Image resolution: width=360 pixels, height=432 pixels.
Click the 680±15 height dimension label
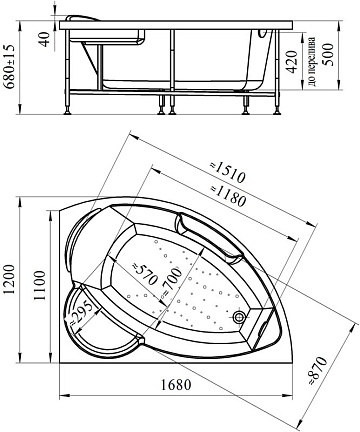click(9, 66)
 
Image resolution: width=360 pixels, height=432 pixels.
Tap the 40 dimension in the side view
click(45, 39)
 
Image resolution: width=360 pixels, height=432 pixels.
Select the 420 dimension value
click(292, 62)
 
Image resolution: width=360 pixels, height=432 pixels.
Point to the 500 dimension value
click(328, 54)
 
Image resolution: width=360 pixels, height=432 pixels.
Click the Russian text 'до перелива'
click(312, 62)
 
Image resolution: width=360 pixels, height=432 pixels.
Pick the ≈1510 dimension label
click(228, 173)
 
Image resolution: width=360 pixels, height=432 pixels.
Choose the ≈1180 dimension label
click(228, 195)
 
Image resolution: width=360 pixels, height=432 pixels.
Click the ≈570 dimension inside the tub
click(144, 274)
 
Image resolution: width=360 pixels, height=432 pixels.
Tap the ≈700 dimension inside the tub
click(172, 282)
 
